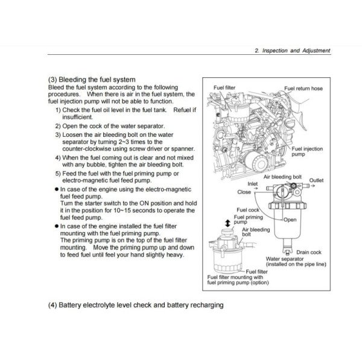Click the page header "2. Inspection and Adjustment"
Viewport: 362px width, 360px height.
[x=293, y=51]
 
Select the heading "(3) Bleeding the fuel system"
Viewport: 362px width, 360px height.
[x=92, y=80]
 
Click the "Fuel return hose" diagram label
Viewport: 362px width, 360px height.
[x=303, y=89]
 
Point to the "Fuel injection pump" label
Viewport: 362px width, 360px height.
[x=307, y=151]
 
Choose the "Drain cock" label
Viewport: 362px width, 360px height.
[x=309, y=252]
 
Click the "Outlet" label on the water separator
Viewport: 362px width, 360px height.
[x=316, y=180]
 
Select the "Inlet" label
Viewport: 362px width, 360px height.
[x=252, y=184]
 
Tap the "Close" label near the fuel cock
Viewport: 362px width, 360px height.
[x=244, y=192]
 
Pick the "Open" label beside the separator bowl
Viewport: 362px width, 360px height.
[x=290, y=219]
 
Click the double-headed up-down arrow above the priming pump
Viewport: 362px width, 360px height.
[x=228, y=223]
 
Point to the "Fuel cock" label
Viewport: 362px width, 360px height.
[x=248, y=210]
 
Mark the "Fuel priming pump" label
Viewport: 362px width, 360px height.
[x=248, y=219]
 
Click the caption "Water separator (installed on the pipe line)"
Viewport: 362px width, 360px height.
[x=296, y=262]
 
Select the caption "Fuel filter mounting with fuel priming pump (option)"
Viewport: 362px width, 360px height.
[x=238, y=280]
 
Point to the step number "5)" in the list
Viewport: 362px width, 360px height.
[x=58, y=174]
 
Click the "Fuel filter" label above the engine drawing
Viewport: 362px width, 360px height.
[x=224, y=87]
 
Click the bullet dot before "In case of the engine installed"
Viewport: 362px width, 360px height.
[x=57, y=226]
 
